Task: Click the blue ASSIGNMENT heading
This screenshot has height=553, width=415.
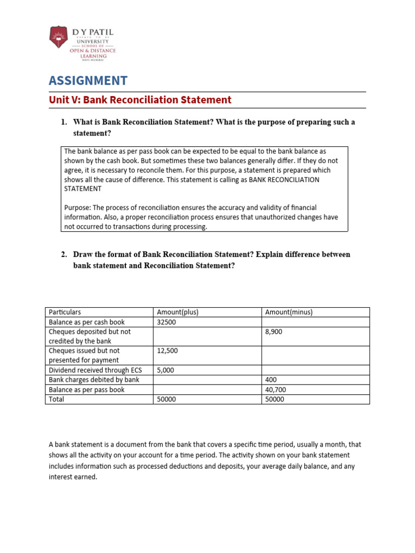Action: click(88, 81)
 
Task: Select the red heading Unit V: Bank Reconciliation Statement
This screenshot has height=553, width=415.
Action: click(140, 100)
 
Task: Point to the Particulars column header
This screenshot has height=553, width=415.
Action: click(65, 312)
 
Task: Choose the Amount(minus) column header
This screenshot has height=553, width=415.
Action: click(289, 312)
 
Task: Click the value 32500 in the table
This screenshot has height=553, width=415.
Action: click(166, 322)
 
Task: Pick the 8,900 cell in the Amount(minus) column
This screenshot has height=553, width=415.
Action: click(273, 332)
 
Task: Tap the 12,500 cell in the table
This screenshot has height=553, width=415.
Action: click(168, 350)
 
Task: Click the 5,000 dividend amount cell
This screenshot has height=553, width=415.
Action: click(166, 370)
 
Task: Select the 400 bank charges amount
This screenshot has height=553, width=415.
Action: click(270, 380)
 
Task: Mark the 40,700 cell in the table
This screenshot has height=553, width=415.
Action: click(275, 389)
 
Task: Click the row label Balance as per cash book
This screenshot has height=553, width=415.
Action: click(86, 322)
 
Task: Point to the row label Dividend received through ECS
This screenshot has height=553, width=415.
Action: click(96, 370)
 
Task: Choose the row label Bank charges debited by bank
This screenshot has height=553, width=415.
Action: click(94, 380)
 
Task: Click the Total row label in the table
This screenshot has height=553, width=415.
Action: click(56, 399)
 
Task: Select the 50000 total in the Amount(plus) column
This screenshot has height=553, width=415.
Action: click(166, 399)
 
